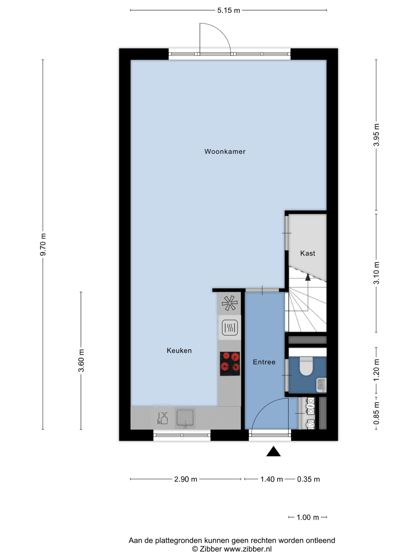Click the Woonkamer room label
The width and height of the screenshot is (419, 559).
[x=225, y=151]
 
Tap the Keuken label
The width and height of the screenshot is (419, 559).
[x=179, y=350]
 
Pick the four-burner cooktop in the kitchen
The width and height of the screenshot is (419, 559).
[x=230, y=364]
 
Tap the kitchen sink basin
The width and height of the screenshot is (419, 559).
[x=185, y=418]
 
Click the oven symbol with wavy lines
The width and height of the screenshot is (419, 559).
[x=230, y=328]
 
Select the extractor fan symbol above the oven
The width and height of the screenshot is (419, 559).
[x=230, y=303]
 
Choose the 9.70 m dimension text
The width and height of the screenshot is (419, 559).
[x=43, y=244]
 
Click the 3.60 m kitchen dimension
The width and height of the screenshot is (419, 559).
[x=81, y=361]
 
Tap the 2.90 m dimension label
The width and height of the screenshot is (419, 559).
[x=186, y=479]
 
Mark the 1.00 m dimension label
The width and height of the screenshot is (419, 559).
[x=308, y=517]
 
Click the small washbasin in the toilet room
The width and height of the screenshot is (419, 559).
[x=321, y=385]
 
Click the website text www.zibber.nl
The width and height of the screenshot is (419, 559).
[x=248, y=549]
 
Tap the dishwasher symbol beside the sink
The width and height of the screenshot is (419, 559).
[x=162, y=418]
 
